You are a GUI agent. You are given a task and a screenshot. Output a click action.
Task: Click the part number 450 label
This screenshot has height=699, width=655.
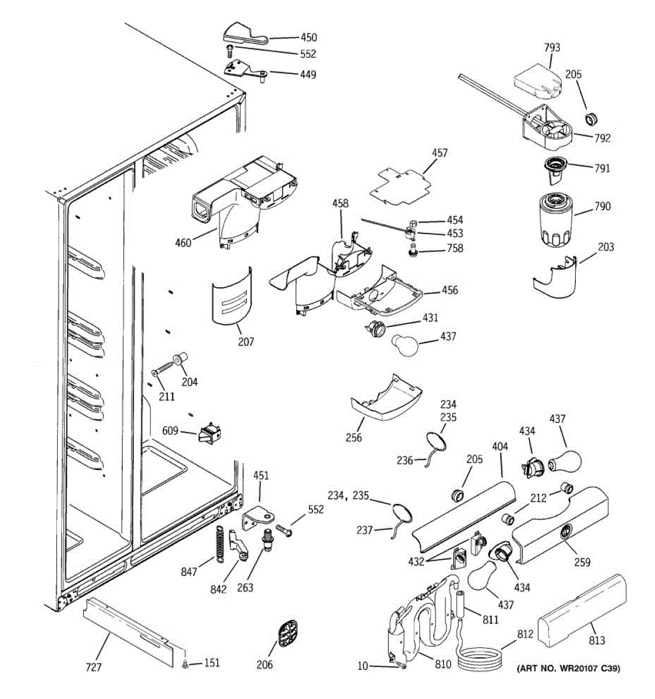click(x=309, y=37)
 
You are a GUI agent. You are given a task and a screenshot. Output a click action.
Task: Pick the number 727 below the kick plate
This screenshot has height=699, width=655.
click(x=94, y=668)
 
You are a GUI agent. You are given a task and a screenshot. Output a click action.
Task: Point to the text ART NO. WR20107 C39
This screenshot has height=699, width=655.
click(x=568, y=669)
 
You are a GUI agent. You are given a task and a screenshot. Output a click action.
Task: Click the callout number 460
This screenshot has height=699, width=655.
click(x=183, y=243)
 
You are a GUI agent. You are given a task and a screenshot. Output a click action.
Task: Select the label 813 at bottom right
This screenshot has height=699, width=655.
click(x=597, y=641)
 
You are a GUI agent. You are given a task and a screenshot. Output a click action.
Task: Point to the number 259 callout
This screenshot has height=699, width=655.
click(x=582, y=562)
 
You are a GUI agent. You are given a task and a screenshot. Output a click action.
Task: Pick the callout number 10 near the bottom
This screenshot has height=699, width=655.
click(x=363, y=666)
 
